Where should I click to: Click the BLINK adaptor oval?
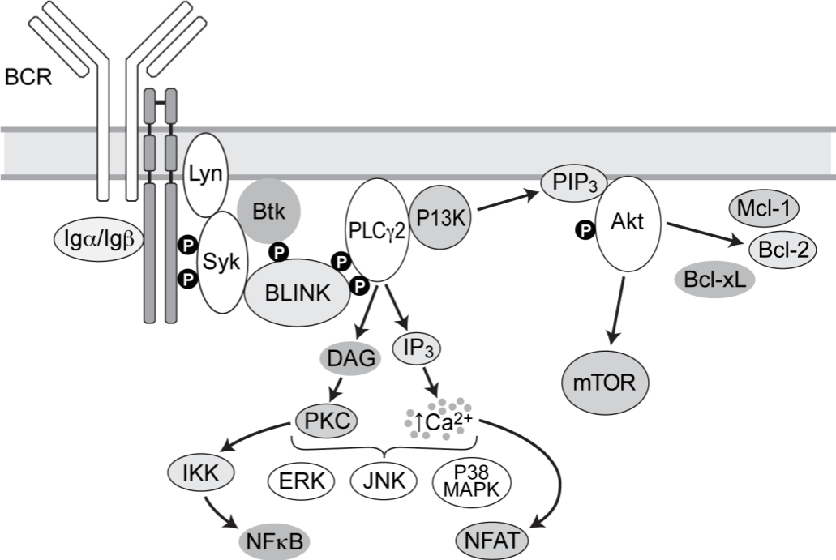[296, 292]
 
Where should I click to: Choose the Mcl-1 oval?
[765, 208]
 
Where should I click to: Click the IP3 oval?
[421, 348]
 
